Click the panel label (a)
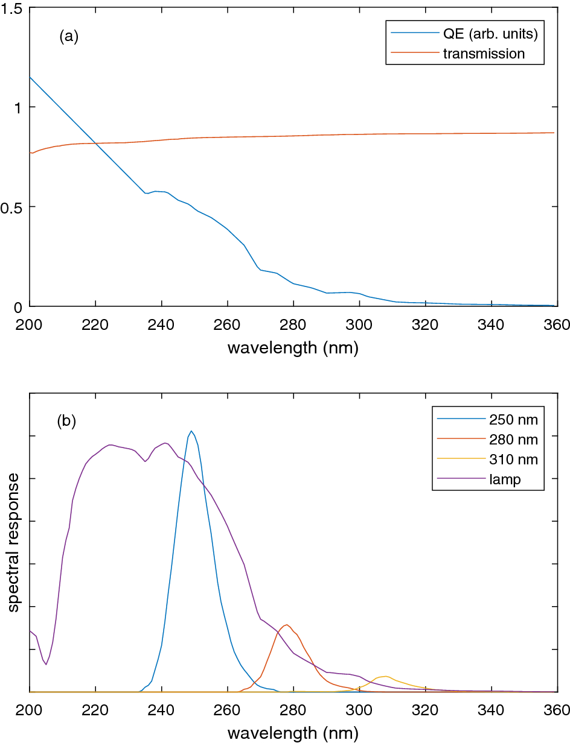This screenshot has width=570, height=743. pyautogui.click(x=69, y=36)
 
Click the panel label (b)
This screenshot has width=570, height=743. pyautogui.click(x=66, y=421)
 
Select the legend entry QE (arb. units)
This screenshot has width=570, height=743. pyautogui.click(x=490, y=33)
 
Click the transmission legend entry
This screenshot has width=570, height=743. pyautogui.click(x=484, y=53)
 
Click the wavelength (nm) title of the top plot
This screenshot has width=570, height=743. pyautogui.click(x=293, y=349)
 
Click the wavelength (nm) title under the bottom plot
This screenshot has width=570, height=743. pyautogui.click(x=293, y=734)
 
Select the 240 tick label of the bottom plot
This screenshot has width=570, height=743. pyautogui.click(x=161, y=711)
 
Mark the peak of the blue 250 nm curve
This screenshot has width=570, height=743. pyautogui.click(x=191, y=431)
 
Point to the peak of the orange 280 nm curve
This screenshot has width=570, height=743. pyautogui.click(x=287, y=625)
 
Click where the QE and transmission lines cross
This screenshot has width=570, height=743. pyautogui.click(x=96, y=143)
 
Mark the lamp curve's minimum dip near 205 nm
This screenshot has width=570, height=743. pyautogui.click(x=46, y=665)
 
